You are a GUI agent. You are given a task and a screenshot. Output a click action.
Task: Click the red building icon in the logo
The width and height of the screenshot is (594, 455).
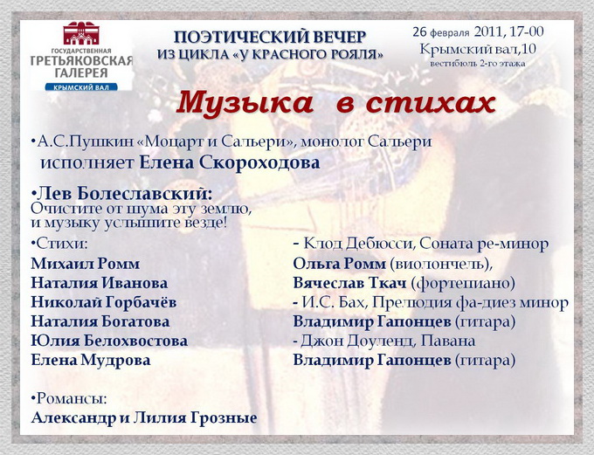(x=81, y=33)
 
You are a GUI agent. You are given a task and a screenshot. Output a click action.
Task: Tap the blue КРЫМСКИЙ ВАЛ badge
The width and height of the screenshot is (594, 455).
(x=81, y=87)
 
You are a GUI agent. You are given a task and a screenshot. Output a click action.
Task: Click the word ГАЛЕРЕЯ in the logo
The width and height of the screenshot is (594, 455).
(x=81, y=73)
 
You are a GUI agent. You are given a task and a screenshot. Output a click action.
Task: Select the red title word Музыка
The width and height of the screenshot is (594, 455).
(x=245, y=103)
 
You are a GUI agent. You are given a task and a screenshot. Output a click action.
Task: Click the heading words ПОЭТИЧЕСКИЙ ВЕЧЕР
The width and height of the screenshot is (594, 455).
(x=270, y=38)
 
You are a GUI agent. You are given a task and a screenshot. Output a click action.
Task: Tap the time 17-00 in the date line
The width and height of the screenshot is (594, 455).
(x=526, y=31)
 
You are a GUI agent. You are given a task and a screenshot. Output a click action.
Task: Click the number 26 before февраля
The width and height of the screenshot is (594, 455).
(x=420, y=31)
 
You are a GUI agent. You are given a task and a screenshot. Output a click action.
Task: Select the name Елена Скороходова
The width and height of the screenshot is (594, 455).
(x=230, y=163)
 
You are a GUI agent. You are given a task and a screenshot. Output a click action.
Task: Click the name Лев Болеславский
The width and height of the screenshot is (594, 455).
(x=124, y=194)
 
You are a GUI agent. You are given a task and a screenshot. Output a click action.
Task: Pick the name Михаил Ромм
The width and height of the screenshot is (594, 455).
(x=86, y=264)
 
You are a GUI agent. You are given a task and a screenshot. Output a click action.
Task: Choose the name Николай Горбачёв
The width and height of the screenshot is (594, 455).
(x=104, y=302)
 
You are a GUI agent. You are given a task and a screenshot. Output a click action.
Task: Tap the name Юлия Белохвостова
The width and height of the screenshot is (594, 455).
(x=109, y=341)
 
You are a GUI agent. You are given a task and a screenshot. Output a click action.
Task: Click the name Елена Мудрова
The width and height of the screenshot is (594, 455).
(x=91, y=360)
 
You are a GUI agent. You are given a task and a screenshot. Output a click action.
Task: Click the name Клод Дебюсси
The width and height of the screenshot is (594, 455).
(x=358, y=245)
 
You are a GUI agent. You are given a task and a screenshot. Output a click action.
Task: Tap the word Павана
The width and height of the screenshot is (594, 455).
(x=448, y=341)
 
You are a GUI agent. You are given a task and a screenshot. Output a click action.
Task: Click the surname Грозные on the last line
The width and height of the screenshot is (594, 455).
(x=224, y=417)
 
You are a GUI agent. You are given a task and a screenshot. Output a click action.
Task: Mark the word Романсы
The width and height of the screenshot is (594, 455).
(x=72, y=398)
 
